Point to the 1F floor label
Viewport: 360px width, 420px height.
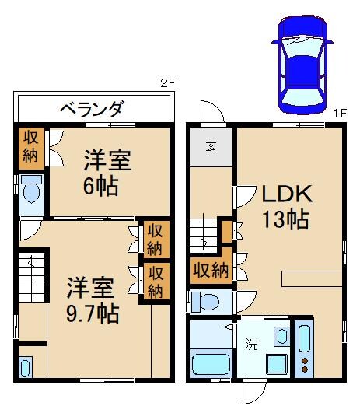339,114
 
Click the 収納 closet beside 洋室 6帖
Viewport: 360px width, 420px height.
31,147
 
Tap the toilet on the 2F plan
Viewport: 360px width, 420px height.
32,189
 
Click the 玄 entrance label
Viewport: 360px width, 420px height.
211,146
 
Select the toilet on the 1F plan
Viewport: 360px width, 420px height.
205,301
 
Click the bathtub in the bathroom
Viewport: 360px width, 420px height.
209,364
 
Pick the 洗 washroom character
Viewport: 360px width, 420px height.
251,342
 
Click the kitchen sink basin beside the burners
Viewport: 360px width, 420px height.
281,335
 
